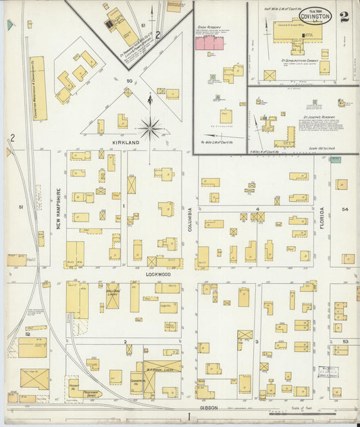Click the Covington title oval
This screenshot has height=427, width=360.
click(x=315, y=16)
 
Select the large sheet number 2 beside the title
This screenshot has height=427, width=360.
click(x=344, y=17)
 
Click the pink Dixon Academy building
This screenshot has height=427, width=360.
click(x=209, y=43)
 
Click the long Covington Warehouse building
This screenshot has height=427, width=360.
click(x=38, y=89)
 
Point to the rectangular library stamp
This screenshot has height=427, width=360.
click(x=329, y=372)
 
